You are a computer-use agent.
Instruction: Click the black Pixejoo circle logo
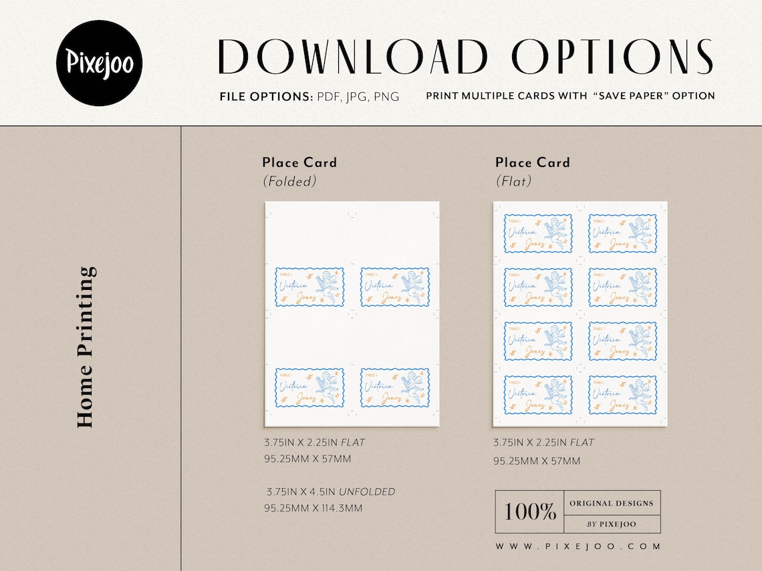tap(100, 63)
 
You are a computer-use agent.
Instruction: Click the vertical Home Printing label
tap(86, 347)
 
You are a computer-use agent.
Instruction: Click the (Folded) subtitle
tap(289, 181)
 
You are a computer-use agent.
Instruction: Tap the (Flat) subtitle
tap(513, 181)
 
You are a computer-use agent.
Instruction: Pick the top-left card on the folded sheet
tap(309, 287)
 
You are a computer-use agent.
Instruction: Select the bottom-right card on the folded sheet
tap(395, 387)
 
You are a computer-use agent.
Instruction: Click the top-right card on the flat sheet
tap(622, 233)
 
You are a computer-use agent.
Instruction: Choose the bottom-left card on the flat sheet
tap(538, 395)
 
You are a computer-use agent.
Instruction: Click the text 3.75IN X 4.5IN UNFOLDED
tap(330, 492)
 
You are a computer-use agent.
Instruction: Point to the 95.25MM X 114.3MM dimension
tap(313, 508)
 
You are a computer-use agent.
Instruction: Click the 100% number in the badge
tap(530, 512)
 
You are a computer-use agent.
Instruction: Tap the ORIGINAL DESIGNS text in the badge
tap(611, 503)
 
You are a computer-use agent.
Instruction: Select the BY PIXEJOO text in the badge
tap(611, 524)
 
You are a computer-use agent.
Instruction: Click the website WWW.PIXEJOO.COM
tap(578, 546)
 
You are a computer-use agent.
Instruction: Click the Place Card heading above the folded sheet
tap(299, 162)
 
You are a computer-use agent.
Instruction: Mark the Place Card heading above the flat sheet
tap(533, 162)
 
